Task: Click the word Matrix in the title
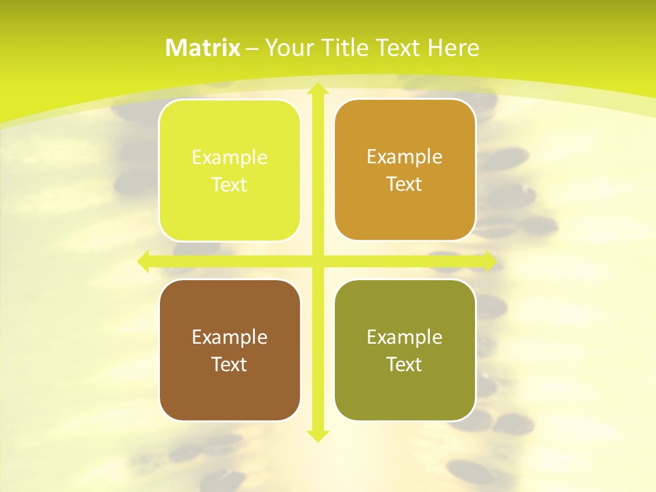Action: pyautogui.click(x=203, y=48)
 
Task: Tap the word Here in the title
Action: pyautogui.click(x=453, y=48)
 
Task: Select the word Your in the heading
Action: pyautogui.click(x=288, y=48)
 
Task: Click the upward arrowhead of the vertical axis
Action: pyautogui.click(x=317, y=90)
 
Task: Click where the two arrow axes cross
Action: pyautogui.click(x=317, y=261)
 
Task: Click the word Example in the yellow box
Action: pyautogui.click(x=230, y=158)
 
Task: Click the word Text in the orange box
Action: pyautogui.click(x=405, y=184)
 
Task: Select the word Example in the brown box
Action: pyautogui.click(x=230, y=337)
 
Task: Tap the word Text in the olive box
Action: pyautogui.click(x=405, y=364)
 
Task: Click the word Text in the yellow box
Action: pyautogui.click(x=230, y=184)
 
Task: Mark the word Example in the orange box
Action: pyautogui.click(x=405, y=157)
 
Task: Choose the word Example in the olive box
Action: pyautogui.click(x=405, y=337)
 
